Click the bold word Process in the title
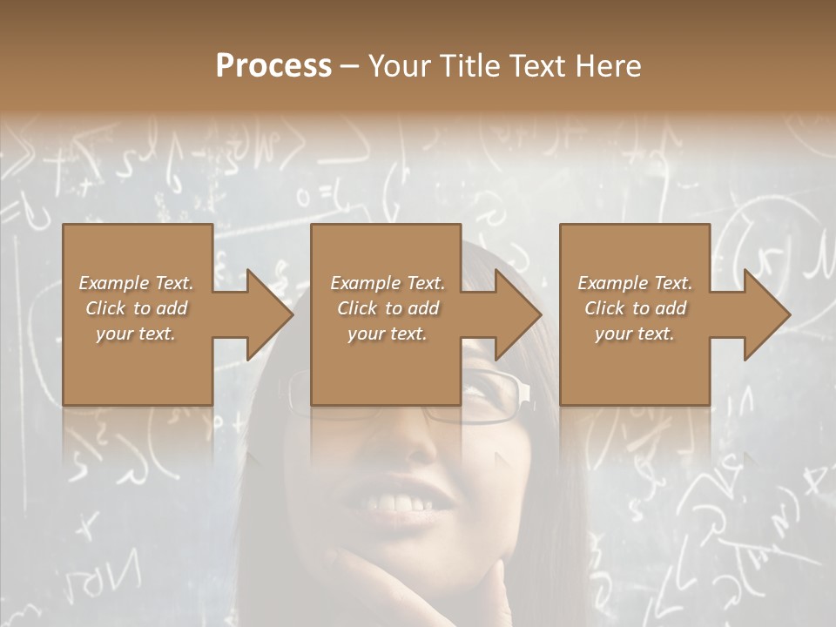click(273, 66)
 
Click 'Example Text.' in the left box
click(137, 283)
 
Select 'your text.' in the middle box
click(386, 334)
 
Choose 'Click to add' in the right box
click(635, 308)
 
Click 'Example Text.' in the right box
click(635, 283)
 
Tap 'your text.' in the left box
click(137, 334)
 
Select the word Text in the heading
click(536, 66)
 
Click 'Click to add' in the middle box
click(388, 308)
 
